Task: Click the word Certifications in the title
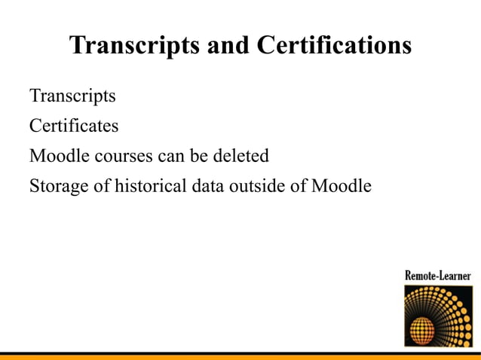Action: coord(334,46)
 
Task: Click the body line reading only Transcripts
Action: coord(72,96)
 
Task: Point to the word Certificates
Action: coord(74,126)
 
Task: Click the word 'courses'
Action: coord(125,156)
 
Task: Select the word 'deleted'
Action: coord(244,156)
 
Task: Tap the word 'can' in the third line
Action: coord(170,156)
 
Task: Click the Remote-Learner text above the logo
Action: coord(437,275)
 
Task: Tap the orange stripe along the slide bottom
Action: coord(240,356)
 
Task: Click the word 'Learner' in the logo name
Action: coord(455,275)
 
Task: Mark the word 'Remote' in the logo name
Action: coord(420,275)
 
